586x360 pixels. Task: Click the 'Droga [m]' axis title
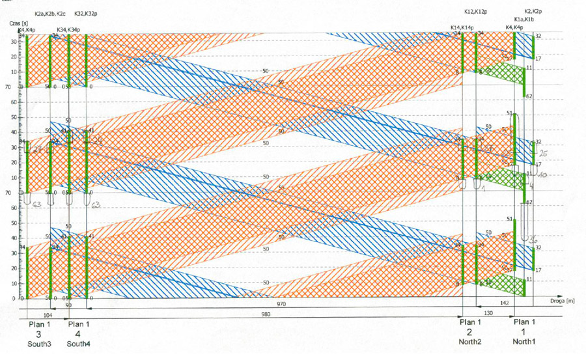561,301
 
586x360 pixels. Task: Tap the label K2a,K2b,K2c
50,13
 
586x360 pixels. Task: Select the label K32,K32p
87,13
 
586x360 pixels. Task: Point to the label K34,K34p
68,29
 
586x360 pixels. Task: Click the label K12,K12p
477,12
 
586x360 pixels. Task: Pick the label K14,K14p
462,27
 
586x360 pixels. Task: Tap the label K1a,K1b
524,20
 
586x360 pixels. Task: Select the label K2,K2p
533,11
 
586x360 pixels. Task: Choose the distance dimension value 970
281,304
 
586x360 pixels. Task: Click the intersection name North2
470,342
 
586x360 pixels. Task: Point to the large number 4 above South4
79,334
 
